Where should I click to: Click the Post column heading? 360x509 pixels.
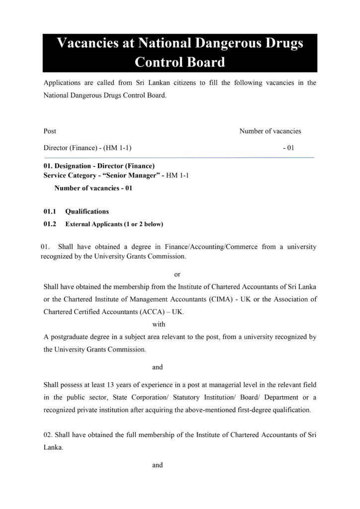(x=50, y=131)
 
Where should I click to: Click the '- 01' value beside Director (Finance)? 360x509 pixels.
(x=288, y=148)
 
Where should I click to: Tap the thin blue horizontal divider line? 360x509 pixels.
(x=179, y=158)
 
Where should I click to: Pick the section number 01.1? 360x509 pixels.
(x=51, y=211)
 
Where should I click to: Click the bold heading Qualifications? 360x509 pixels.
(x=87, y=211)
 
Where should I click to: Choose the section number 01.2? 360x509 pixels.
(x=51, y=224)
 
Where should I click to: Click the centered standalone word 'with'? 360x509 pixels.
(x=159, y=324)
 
